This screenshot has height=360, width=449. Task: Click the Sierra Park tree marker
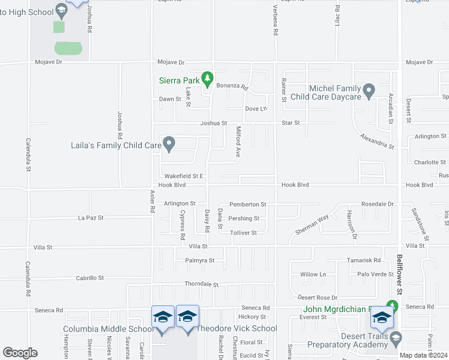pyautogui.click(x=207, y=78)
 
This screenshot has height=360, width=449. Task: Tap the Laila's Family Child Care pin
pyautogui.click(x=169, y=143)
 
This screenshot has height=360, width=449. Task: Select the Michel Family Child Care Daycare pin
pyautogui.click(x=369, y=91)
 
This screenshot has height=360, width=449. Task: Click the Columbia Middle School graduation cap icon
pyautogui.click(x=162, y=316)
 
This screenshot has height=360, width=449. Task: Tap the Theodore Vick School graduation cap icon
pyautogui.click(x=187, y=316)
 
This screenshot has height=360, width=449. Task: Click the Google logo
pyautogui.click(x=20, y=353)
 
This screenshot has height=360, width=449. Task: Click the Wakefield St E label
pyautogui.click(x=185, y=176)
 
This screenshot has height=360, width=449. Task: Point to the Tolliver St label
pyautogui.click(x=244, y=233)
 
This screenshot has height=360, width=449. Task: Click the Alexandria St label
pyautogui.click(x=377, y=142)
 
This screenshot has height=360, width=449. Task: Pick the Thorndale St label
pyautogui.click(x=202, y=285)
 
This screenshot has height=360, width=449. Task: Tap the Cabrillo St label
pyautogui.click(x=89, y=278)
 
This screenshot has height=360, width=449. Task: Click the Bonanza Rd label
pyautogui.click(x=232, y=86)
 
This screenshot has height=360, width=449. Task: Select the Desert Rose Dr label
pyautogui.click(x=318, y=298)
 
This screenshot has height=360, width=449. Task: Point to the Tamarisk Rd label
pyautogui.click(x=364, y=260)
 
